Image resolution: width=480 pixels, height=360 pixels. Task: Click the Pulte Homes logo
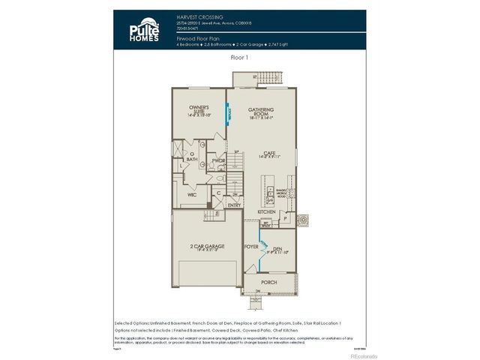coord(143,31)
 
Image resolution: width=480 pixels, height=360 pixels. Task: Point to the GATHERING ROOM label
coord(262,112)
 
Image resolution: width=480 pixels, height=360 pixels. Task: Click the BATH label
coord(192,159)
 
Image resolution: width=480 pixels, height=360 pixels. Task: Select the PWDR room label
coord(218,160)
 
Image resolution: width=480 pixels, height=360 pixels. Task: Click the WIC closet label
coord(192,194)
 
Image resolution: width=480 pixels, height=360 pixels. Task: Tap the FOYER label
coord(252,246)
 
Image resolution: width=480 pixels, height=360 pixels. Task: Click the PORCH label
coord(269,282)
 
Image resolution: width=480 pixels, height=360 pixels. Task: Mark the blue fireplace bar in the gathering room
coord(229,115)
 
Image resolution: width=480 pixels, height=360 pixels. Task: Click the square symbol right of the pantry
coord(303,220)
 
